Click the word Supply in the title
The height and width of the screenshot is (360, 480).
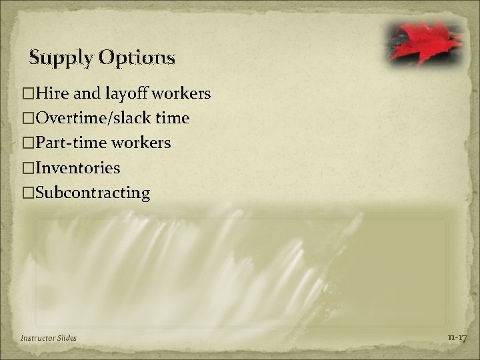point(61,59)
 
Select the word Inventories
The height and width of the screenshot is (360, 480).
point(77,168)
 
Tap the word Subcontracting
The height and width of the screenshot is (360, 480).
point(93,193)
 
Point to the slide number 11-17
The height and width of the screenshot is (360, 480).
point(457,338)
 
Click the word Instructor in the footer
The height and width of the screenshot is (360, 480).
point(36,338)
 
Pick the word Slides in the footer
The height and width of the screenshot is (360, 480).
point(67,338)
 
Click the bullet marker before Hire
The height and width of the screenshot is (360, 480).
point(27,93)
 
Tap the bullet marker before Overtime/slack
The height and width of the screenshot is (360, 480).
point(27,118)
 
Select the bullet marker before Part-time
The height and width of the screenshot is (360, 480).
point(27,143)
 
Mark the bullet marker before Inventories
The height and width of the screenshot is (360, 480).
point(27,168)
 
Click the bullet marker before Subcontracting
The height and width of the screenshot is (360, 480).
point(27,193)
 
